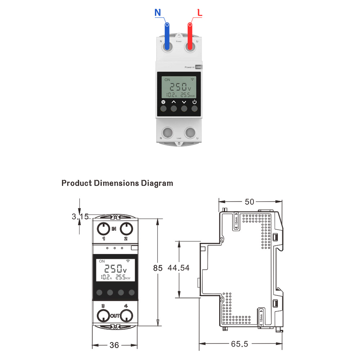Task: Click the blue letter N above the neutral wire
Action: pos(158,13)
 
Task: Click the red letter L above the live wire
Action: pos(200,13)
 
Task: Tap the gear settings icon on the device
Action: pos(163,102)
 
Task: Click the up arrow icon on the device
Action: pos(174,102)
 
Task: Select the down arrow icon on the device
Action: pos(184,102)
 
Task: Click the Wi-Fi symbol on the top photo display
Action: pos(193,79)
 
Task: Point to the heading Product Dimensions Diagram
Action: pos(117,183)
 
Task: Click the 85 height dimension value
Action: pos(158,268)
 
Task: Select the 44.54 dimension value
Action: pos(179,268)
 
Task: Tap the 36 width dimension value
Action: pos(114,345)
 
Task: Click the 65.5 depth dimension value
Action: pos(240,344)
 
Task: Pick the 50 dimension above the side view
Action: pos(249,202)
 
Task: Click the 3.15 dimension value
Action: pos(80,217)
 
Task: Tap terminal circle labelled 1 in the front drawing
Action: pos(103,228)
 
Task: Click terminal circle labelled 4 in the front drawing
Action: pos(126,316)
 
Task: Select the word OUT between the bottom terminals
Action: pos(114,316)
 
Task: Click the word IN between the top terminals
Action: pos(114,229)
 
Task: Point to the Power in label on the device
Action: pos(189,67)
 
